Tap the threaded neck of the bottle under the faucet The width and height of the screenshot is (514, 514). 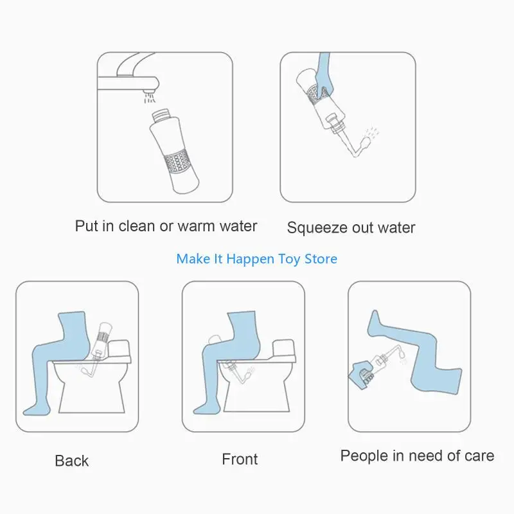point(161,116)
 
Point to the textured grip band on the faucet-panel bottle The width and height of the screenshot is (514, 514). point(177,161)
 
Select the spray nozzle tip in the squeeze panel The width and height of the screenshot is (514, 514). point(365,143)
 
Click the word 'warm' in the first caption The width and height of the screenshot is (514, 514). point(196,226)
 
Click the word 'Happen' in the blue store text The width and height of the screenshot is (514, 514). point(250,259)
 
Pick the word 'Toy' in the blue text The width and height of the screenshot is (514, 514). point(289,259)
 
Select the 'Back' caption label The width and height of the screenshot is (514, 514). point(72,461)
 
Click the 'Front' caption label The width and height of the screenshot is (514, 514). point(240,459)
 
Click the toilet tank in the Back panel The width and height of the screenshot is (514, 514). point(119,349)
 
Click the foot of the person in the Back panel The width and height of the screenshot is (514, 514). point(36,410)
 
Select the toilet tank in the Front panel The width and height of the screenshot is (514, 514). point(284,349)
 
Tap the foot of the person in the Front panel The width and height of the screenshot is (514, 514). point(206,409)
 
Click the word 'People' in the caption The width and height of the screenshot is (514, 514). point(364,456)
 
